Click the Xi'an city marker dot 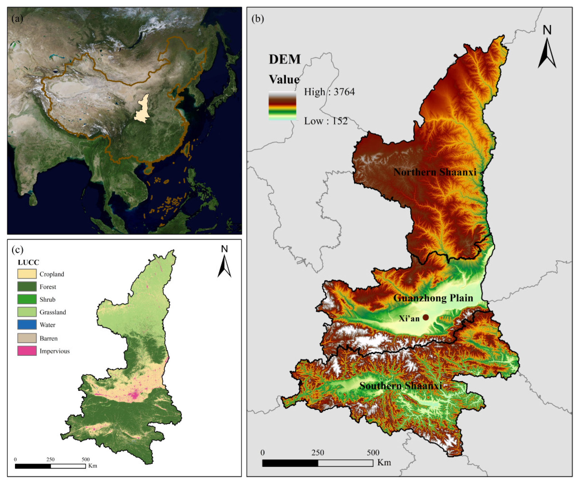425,317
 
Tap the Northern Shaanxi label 435,172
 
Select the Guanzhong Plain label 433,298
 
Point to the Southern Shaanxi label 400,386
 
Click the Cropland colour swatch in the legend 27,274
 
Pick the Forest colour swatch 27,286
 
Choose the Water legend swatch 27,325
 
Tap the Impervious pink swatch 27,351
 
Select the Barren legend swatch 27,338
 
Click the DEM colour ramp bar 282,106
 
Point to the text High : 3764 329,92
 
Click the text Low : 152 325,121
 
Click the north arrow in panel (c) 224,262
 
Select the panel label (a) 17,19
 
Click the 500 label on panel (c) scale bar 85,459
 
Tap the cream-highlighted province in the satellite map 142,110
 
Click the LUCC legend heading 28,262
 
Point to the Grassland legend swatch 27,312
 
